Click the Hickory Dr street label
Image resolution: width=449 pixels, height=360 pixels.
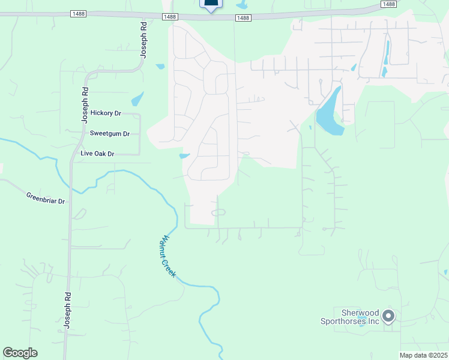point(106,113)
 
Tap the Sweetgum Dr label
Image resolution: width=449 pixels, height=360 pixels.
point(109,133)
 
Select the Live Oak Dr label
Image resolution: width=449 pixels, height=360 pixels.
point(97,154)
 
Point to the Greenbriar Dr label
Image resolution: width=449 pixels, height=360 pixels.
point(45,198)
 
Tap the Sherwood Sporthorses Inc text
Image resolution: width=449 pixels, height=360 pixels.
point(360,317)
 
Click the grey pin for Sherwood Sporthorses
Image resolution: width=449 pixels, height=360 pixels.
point(388,316)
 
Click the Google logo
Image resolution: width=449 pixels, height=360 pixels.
point(20,353)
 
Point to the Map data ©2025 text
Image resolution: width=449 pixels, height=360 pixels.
point(423,355)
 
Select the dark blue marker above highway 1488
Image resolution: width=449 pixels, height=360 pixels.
point(211,4)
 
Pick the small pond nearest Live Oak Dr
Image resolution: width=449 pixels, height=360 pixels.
point(184,157)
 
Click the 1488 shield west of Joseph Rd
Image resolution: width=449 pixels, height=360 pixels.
point(77,13)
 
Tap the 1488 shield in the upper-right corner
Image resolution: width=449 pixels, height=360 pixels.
point(388,4)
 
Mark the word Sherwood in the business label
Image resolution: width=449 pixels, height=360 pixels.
point(360,313)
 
